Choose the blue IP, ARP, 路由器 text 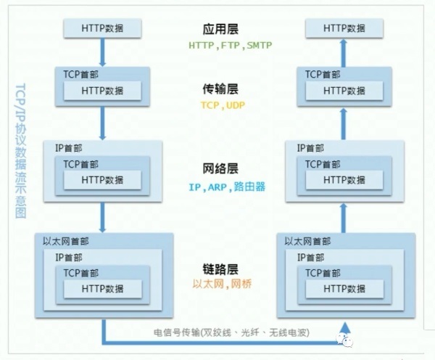pyautogui.click(x=227, y=187)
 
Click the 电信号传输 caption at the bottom pyautogui.click(x=231, y=333)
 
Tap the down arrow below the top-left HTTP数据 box pyautogui.click(x=103, y=51)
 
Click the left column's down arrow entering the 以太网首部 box pyautogui.click(x=103, y=216)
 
